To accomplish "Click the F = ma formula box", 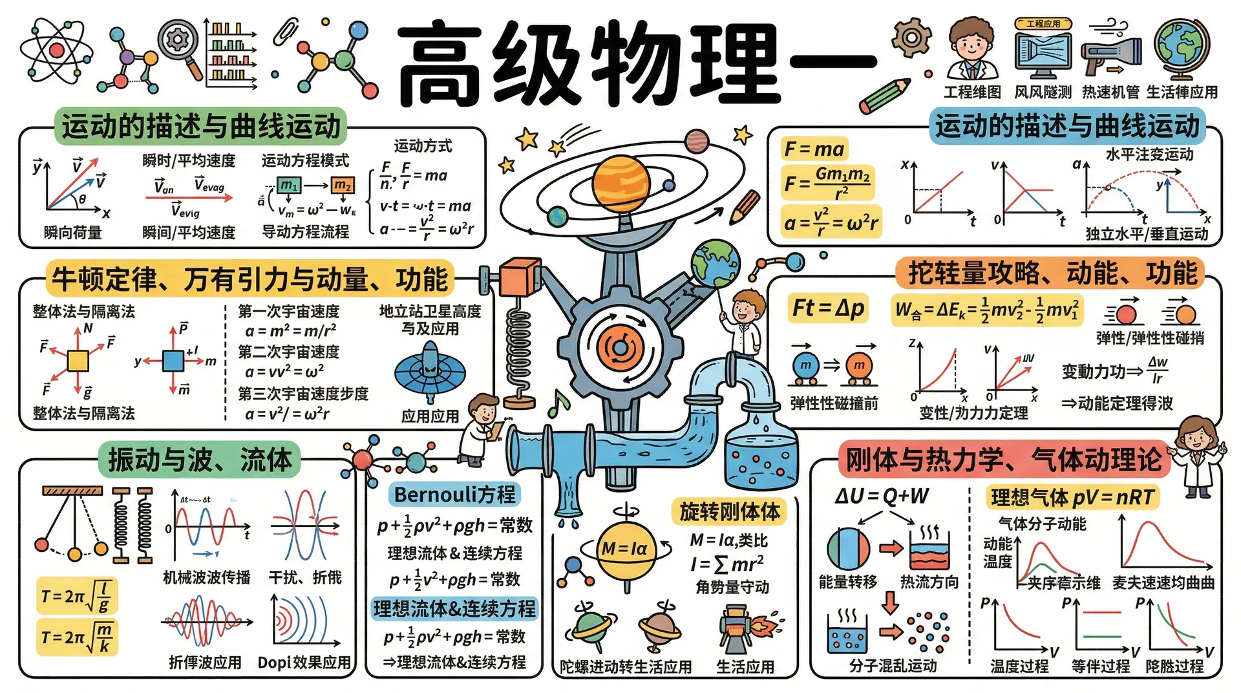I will pyautogui.click(x=814, y=149).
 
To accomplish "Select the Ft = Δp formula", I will pyautogui.click(x=828, y=308).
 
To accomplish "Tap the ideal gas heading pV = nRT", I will pyautogui.click(x=1072, y=497).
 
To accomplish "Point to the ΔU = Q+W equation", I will pyautogui.click(x=882, y=496).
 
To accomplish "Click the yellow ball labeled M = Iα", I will pyautogui.click(x=625, y=549).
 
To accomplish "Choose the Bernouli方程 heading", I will pyautogui.click(x=455, y=495).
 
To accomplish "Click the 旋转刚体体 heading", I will pyautogui.click(x=729, y=511).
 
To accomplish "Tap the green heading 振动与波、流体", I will pyautogui.click(x=200, y=460).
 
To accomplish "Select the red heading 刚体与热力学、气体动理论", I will pyautogui.click(x=1003, y=460).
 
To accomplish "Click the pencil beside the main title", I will pyautogui.click(x=885, y=96).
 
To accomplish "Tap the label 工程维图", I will pyautogui.click(x=972, y=92).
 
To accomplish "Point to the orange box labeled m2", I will pyautogui.click(x=343, y=186).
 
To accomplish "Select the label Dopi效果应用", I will pyautogui.click(x=304, y=663).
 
